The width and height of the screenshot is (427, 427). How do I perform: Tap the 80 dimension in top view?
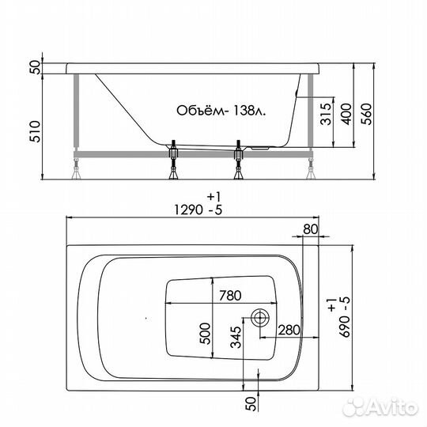310,229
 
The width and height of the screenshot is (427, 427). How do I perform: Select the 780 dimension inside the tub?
229,297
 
